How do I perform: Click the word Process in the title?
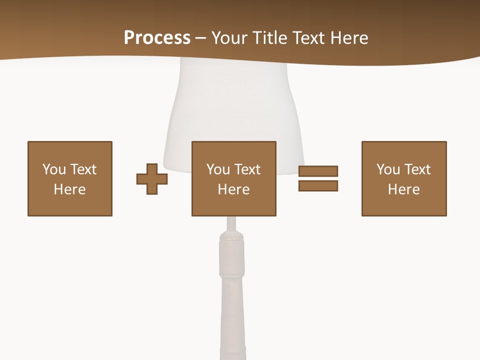point(157,38)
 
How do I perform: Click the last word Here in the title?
point(350,38)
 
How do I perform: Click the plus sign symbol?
point(152,179)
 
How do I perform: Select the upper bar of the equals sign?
point(318,171)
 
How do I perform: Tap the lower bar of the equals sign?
point(318,185)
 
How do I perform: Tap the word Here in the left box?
point(70,189)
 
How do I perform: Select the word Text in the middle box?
point(247,169)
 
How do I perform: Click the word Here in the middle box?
point(234,189)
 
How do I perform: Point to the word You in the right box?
point(388,169)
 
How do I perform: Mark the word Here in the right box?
point(404,189)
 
